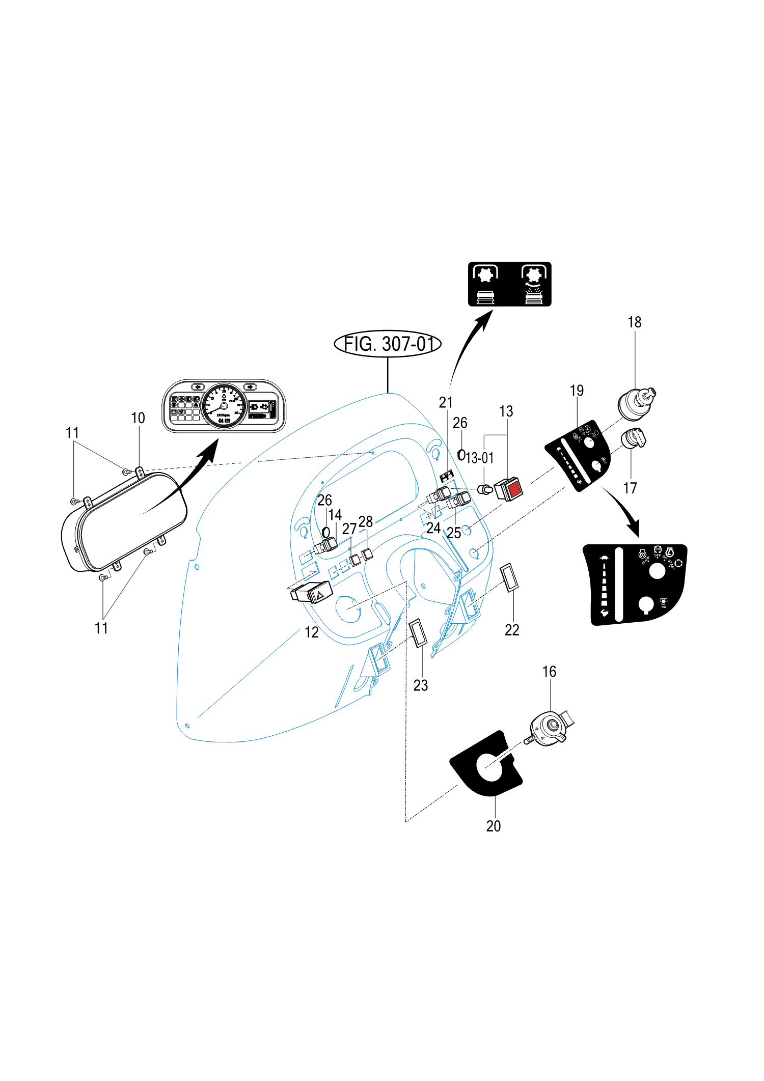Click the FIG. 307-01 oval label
(x=388, y=344)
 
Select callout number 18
(x=634, y=322)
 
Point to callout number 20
(x=493, y=826)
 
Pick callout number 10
(x=138, y=418)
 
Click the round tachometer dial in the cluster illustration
(x=224, y=406)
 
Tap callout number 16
(x=549, y=672)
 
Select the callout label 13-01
(x=480, y=458)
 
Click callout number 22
(x=512, y=630)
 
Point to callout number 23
(x=421, y=685)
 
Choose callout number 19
(x=577, y=391)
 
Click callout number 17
(x=630, y=488)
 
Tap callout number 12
(x=311, y=632)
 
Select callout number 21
(x=446, y=402)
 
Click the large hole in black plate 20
(x=489, y=767)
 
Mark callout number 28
(x=366, y=521)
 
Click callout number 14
(x=335, y=515)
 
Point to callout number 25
(x=454, y=533)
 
